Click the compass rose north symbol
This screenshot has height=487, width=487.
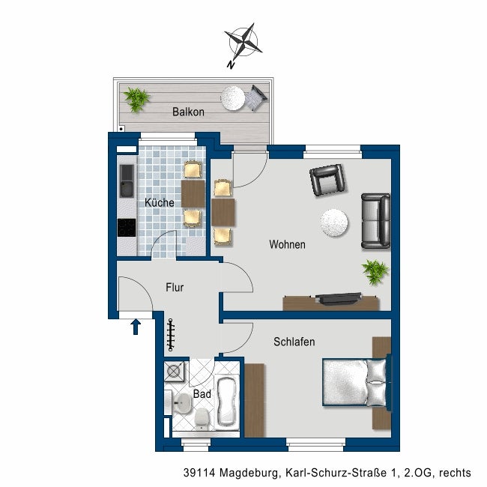[243, 43]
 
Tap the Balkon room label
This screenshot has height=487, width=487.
[188, 112]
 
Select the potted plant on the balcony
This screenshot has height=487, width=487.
[136, 99]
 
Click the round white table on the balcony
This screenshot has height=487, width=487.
[232, 98]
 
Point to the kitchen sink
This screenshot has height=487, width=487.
[127, 181]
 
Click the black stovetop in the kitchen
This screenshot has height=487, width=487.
[127, 228]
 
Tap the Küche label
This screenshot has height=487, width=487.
[160, 203]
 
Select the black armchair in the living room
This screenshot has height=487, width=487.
[329, 180]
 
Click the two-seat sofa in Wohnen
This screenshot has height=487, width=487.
[376, 221]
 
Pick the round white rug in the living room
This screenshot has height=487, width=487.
[334, 223]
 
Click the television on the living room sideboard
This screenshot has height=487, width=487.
[338, 298]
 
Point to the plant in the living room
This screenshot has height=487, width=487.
[375, 272]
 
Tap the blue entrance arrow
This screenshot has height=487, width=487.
[136, 327]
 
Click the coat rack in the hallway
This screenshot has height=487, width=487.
[171, 335]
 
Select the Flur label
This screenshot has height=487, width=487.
[175, 287]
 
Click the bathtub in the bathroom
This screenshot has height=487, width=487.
[227, 402]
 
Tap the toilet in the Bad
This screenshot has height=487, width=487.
[202, 418]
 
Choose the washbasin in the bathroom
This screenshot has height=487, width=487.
[182, 403]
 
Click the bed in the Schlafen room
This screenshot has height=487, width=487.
[356, 382]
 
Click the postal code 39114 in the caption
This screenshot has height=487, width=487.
[199, 473]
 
